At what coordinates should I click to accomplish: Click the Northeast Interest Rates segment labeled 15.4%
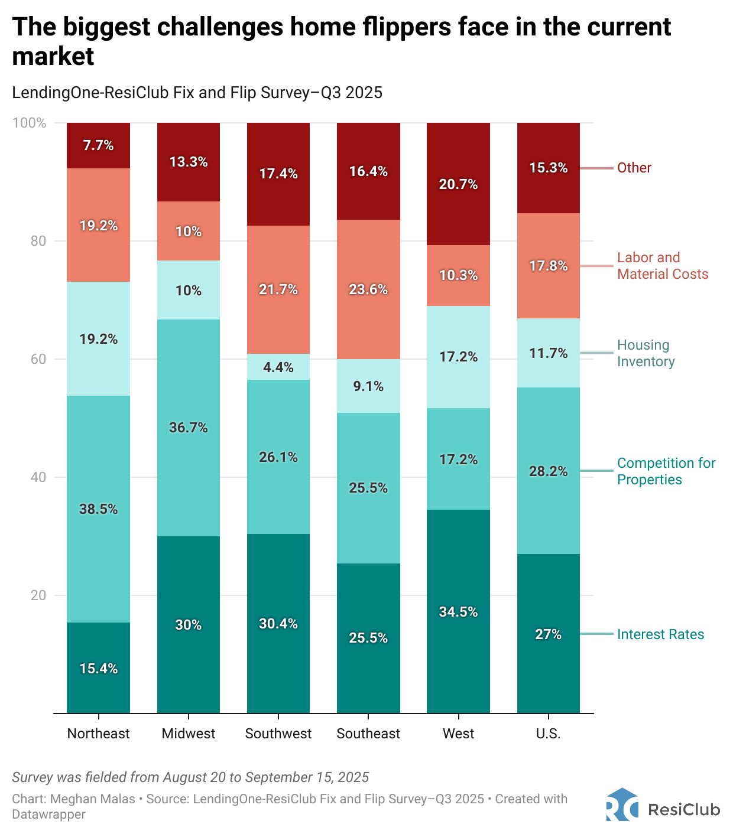[x=98, y=667]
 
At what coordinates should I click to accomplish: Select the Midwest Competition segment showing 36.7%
[x=188, y=428]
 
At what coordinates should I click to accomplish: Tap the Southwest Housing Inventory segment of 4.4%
[x=278, y=367]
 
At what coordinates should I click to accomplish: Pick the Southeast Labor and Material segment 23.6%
[x=368, y=289]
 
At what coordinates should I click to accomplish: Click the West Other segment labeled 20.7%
[x=458, y=184]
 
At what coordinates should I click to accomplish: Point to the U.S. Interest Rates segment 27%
[x=548, y=634]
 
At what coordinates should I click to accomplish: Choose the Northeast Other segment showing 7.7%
[x=98, y=145]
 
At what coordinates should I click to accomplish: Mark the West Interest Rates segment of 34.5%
[x=458, y=611]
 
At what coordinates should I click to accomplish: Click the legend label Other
[x=634, y=168]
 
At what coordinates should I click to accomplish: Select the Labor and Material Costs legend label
[x=662, y=266]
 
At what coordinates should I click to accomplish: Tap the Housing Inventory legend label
[x=646, y=353]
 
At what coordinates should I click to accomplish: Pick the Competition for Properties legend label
[x=666, y=471]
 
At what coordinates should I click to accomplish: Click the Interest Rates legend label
[x=660, y=634]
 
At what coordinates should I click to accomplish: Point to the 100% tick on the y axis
[x=29, y=123]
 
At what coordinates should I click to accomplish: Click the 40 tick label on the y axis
[x=38, y=477]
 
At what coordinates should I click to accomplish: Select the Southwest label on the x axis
[x=278, y=734]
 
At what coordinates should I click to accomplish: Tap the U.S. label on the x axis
[x=548, y=734]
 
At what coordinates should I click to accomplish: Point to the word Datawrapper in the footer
[x=48, y=815]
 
